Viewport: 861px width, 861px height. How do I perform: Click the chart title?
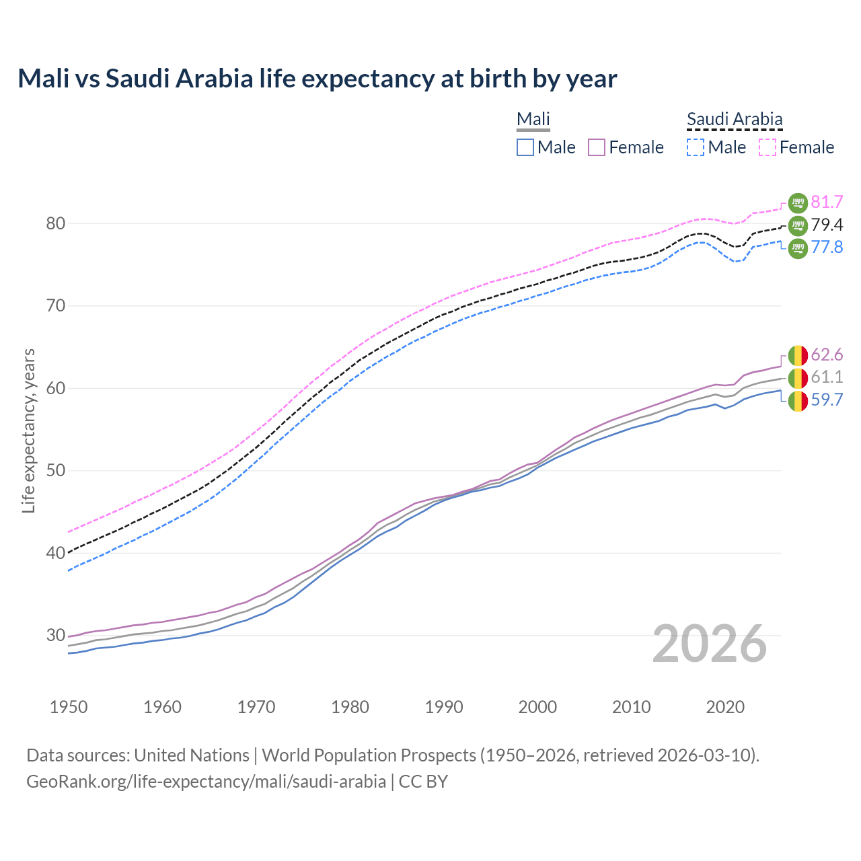coord(317,79)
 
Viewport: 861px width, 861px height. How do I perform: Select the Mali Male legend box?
coord(525,147)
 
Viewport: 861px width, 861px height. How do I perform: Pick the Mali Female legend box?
coord(597,147)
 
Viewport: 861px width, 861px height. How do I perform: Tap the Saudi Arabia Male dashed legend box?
coord(696,147)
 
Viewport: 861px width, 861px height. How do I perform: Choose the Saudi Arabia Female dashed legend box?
coord(768,147)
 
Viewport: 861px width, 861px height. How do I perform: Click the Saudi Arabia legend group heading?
coord(735,119)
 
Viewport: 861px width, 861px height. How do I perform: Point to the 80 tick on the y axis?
coord(55,223)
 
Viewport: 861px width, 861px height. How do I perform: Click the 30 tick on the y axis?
coord(55,635)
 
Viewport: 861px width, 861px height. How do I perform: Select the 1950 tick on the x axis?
coord(69,707)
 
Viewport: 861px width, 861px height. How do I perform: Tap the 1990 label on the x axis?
coord(444,707)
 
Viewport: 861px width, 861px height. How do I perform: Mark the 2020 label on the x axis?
coord(725,707)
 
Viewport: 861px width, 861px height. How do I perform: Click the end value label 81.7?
coord(827,202)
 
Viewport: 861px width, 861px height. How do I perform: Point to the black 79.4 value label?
coord(827,225)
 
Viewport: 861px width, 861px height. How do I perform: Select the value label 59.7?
coord(827,400)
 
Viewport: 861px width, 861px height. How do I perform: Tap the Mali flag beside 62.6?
coord(798,354)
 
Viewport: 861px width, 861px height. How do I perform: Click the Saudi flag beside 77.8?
coord(798,248)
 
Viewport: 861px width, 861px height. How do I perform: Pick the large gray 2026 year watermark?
coord(710,644)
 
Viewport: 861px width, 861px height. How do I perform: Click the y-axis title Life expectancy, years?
coord(29,430)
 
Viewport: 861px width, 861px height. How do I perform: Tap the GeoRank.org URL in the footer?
coord(206,782)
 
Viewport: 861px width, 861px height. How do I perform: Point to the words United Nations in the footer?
coord(192,755)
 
